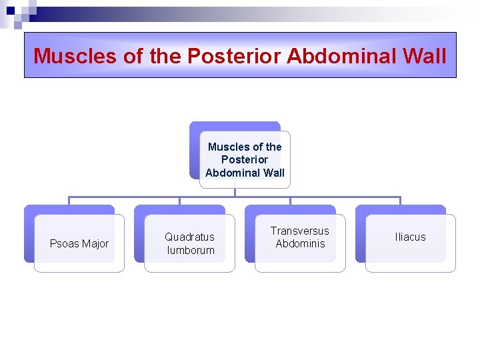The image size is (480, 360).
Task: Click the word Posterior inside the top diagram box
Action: click(245, 159)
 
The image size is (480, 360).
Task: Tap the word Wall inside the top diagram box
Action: click(273, 173)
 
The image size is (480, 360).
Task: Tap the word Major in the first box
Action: click(95, 243)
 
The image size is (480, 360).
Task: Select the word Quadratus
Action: click(190, 237)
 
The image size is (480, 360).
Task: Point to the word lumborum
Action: click(190, 250)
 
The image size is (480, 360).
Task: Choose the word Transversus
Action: click(300, 231)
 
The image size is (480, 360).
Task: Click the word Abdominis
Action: click(300, 243)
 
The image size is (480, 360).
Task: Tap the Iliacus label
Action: click(410, 237)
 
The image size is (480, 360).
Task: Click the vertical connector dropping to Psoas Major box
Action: click(69, 201)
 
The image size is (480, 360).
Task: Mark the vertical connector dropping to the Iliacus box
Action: click(400, 201)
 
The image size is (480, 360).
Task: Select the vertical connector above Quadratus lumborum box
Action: click(179, 201)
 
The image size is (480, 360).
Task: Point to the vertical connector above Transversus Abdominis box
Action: click(290, 201)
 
